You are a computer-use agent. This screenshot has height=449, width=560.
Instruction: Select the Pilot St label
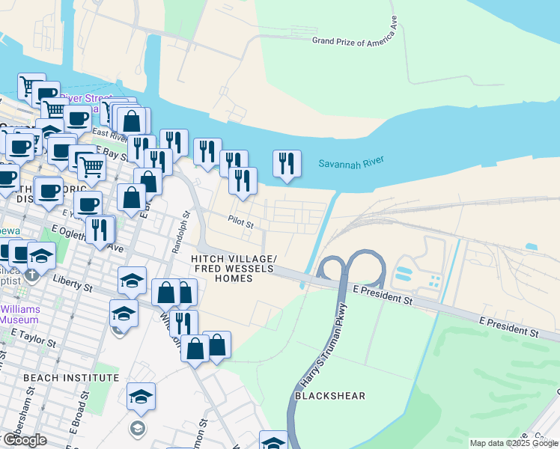[x=242, y=223]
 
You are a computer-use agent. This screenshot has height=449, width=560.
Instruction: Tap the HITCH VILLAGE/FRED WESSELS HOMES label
[x=234, y=269]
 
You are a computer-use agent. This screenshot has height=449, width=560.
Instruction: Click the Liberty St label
[x=73, y=283]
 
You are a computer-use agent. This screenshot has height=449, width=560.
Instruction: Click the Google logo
[x=24, y=440]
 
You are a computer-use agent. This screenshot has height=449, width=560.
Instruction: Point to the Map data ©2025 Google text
[x=514, y=443]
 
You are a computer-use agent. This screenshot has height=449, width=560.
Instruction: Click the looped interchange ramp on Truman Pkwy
[x=351, y=269]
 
